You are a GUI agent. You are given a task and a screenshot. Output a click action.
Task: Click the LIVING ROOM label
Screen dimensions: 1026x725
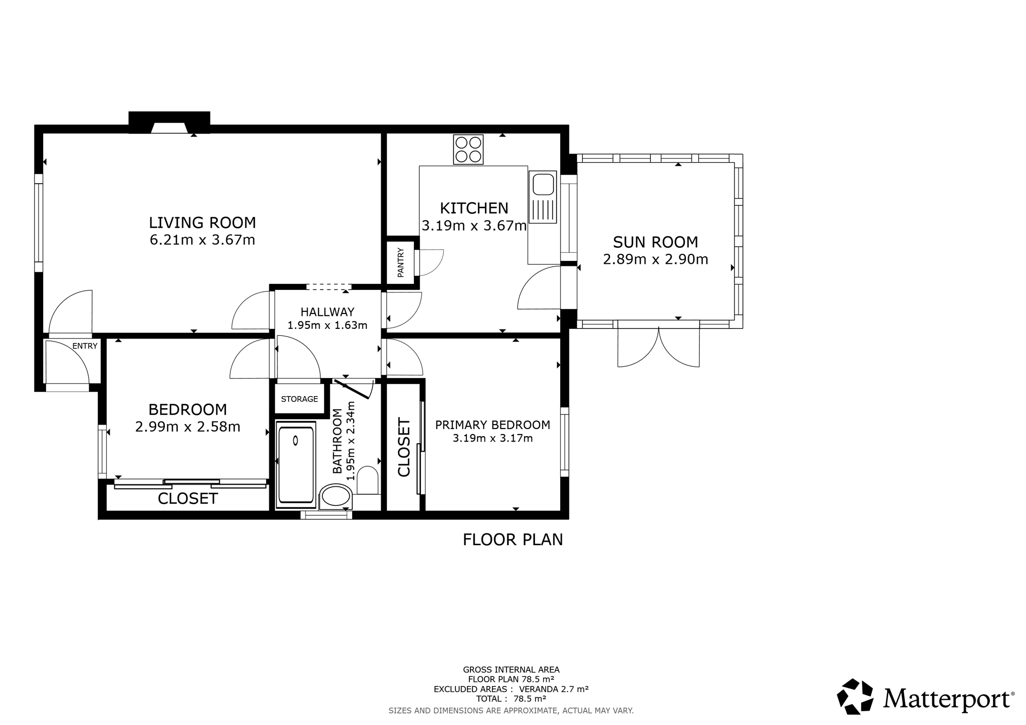point(202,222)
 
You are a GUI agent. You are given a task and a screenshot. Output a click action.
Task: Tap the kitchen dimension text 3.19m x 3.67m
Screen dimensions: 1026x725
point(474,226)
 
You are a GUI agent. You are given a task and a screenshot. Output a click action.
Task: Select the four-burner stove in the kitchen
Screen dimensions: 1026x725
point(468,149)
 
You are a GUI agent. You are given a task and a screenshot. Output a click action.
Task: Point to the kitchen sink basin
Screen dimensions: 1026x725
point(543,184)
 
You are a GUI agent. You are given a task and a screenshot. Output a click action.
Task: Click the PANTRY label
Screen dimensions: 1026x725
point(401,262)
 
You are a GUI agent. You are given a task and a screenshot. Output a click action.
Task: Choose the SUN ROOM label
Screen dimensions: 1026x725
point(655,242)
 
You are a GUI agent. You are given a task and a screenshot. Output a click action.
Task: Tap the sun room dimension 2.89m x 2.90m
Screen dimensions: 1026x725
point(655,259)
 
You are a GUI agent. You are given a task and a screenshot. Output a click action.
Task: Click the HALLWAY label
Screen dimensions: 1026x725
point(328,312)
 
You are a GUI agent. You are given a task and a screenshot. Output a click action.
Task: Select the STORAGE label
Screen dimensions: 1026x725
point(300,399)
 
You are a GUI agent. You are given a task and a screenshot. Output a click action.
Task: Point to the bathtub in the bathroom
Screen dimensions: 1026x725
point(296,464)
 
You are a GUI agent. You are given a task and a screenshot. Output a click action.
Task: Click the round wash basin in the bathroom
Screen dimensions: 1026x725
point(336,497)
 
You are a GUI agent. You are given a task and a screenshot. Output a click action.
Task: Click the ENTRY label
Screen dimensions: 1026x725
point(85,346)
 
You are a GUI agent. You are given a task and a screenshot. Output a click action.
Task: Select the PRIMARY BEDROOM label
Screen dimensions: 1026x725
point(492,425)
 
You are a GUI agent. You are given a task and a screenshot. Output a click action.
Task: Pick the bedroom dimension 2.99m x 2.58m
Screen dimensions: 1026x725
point(188,427)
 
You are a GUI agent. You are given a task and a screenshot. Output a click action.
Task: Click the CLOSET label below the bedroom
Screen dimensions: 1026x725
point(188,499)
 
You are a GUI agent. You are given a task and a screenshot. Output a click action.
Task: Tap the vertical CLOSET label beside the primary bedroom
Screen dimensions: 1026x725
point(404,447)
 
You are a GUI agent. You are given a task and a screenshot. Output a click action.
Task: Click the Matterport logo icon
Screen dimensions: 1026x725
point(855,696)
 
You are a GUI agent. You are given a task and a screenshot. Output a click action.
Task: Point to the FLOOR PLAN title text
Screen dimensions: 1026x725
point(513,540)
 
